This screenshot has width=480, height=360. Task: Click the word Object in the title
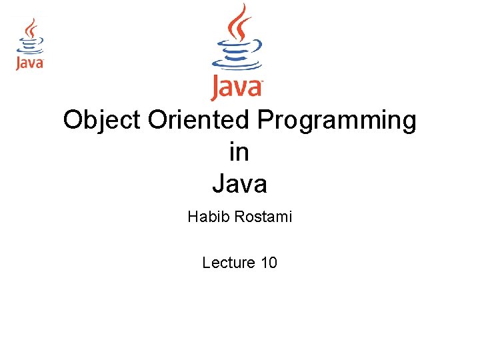[x=101, y=121]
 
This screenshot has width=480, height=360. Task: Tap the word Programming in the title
[x=337, y=121]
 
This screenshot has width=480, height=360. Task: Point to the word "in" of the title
[x=239, y=151]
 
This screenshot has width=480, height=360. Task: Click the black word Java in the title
[x=240, y=183]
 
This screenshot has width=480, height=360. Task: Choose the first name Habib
[x=209, y=217]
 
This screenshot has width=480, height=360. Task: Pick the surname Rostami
[x=263, y=217]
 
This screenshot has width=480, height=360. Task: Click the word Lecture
[x=229, y=263]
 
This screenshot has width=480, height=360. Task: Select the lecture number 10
[x=269, y=263]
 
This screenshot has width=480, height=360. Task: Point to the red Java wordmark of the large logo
[x=237, y=88]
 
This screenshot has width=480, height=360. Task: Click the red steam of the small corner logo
[x=31, y=28]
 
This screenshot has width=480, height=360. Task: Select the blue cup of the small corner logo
[x=30, y=45]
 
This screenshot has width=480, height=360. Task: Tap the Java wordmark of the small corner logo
[x=30, y=63]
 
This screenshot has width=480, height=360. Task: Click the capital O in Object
[x=73, y=119]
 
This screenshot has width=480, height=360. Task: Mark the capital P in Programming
[x=266, y=119]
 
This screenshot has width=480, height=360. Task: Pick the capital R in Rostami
[x=240, y=217]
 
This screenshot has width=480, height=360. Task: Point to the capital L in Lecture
[x=206, y=263]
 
